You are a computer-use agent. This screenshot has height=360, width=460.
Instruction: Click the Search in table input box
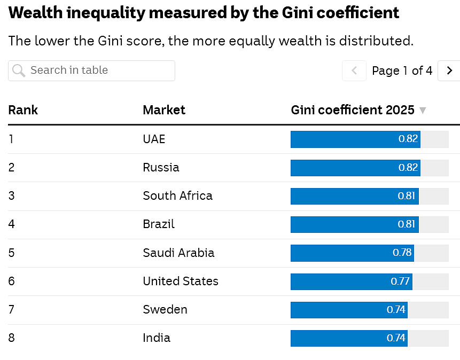(x=91, y=71)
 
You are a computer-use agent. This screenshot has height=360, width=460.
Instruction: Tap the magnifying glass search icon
(x=19, y=71)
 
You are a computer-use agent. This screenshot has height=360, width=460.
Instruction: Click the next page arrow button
(x=449, y=71)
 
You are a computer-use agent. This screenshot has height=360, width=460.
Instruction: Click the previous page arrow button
(x=354, y=71)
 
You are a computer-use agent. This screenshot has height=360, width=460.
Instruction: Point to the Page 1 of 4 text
(x=402, y=71)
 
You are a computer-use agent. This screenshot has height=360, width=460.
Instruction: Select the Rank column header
(x=23, y=110)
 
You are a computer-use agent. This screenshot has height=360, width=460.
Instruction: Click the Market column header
(x=164, y=110)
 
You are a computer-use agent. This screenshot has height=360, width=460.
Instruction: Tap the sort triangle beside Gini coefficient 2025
(x=423, y=111)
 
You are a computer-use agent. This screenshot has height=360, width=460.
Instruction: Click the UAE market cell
(x=154, y=139)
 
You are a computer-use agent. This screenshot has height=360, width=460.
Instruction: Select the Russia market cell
(x=161, y=168)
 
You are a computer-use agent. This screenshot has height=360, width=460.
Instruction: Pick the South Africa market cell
(x=178, y=195)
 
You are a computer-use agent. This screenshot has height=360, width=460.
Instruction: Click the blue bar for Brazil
(x=355, y=224)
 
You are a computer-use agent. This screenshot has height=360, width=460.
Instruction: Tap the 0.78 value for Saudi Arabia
(x=402, y=253)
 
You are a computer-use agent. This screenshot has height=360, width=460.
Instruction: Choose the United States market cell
(x=181, y=281)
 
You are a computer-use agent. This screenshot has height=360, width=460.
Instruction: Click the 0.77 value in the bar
(x=400, y=281)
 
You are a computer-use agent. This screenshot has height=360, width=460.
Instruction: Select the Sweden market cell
(x=165, y=310)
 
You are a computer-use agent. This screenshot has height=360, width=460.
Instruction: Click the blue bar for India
(x=349, y=338)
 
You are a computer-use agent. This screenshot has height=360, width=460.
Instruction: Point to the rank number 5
(x=11, y=253)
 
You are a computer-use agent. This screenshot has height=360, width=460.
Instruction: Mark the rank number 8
(x=11, y=338)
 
